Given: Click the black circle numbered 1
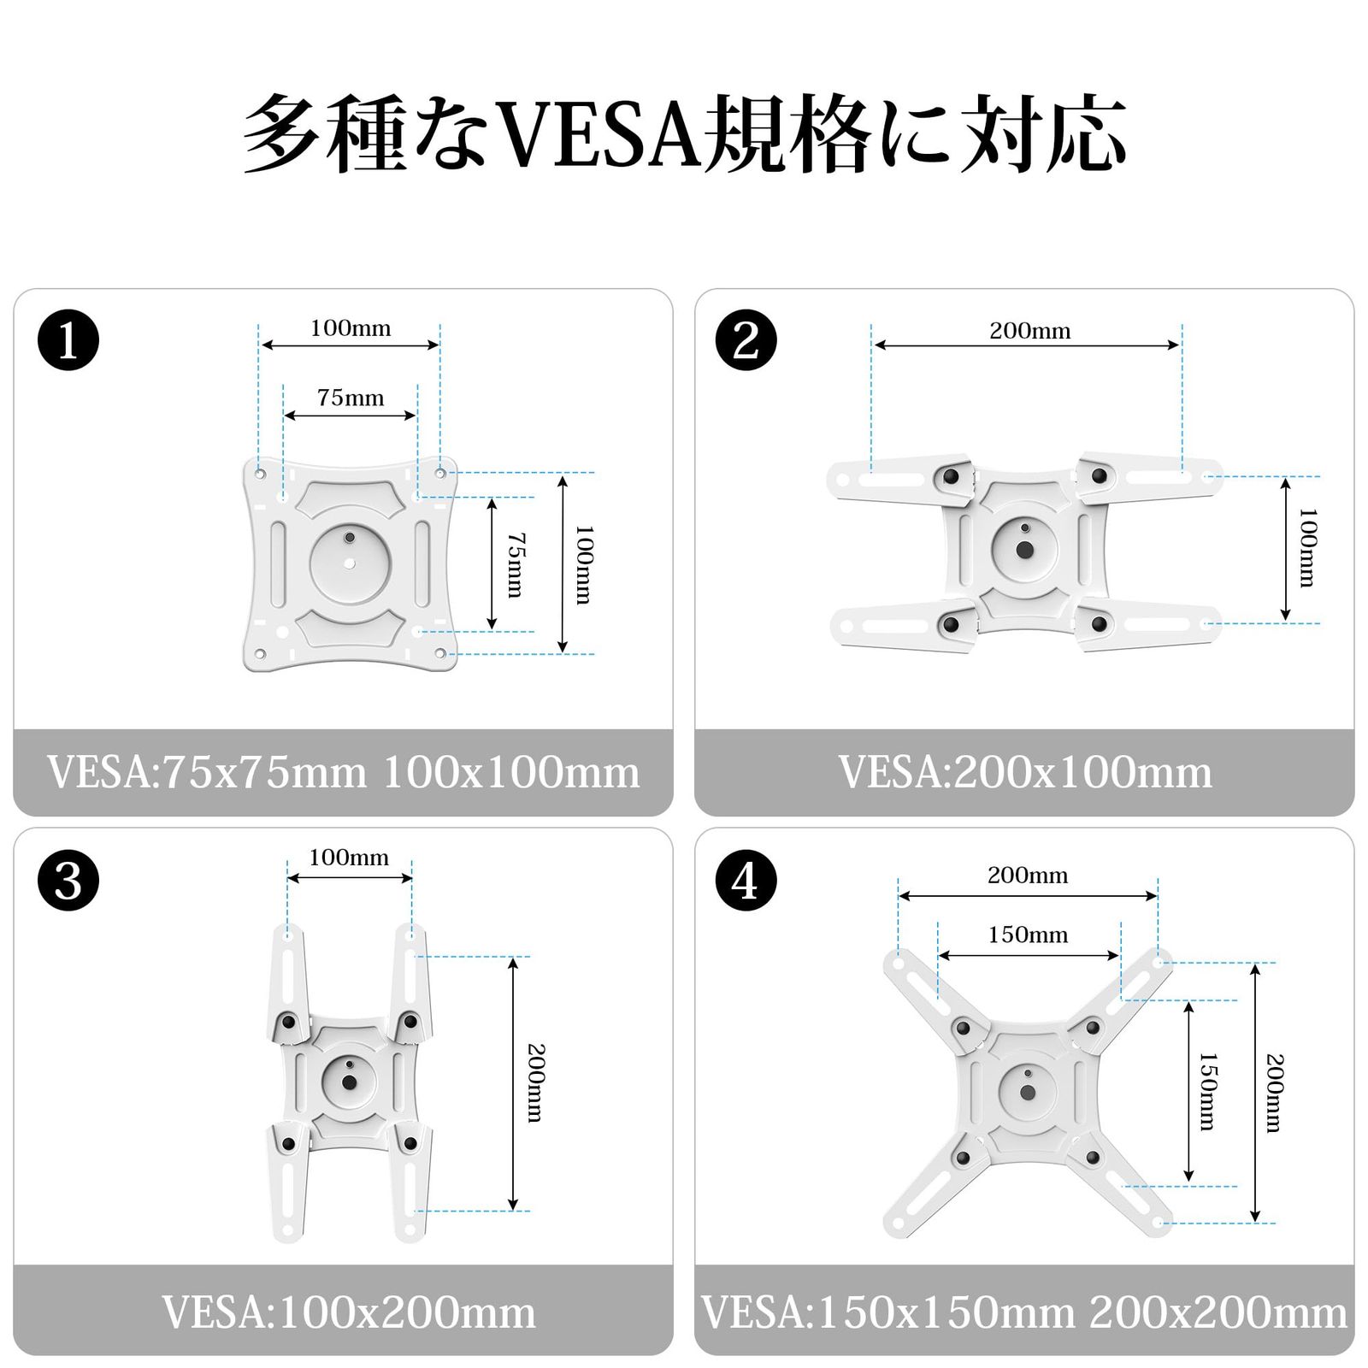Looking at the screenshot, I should click(x=68, y=340).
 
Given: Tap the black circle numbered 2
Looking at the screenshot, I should click(x=746, y=340).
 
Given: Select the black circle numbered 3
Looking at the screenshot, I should click(x=68, y=880).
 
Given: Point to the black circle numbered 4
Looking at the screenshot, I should click(x=746, y=880).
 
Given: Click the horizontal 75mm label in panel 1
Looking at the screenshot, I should click(x=351, y=398).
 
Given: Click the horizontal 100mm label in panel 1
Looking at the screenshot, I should click(x=351, y=328).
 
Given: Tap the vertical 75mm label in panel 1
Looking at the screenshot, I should click(x=516, y=564).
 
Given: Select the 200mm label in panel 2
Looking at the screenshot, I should click(x=1029, y=331).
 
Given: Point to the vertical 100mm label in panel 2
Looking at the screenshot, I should click(x=1307, y=548).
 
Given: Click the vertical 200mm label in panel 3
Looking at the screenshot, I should click(x=535, y=1082).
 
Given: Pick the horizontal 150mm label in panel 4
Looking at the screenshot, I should click(x=1028, y=935).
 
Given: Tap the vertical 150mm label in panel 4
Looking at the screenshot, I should click(x=1206, y=1091).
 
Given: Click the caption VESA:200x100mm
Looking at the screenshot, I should click(x=1024, y=772).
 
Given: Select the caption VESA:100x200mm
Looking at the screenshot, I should click(x=349, y=1312).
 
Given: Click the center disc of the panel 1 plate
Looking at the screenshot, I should click(x=351, y=563).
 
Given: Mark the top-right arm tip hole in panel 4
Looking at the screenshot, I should click(x=1158, y=963).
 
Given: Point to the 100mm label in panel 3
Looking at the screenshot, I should click(x=349, y=858).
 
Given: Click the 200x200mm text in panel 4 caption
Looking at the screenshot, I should click(x=1218, y=1312).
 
